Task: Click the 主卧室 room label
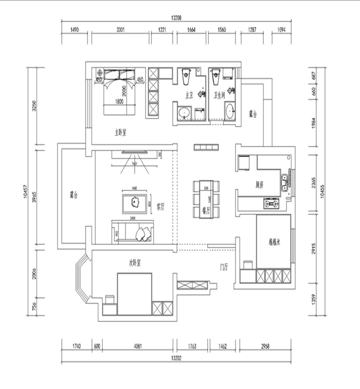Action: pyautogui.click(x=120, y=132)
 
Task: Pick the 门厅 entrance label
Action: pyautogui.click(x=224, y=266)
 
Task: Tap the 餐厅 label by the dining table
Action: pyautogui.click(x=205, y=210)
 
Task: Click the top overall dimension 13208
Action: pyautogui.click(x=176, y=18)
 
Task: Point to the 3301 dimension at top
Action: pyautogui.click(x=121, y=30)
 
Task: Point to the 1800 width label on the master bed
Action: pyautogui.click(x=119, y=102)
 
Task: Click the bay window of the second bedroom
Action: pyautogui.click(x=81, y=281)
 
